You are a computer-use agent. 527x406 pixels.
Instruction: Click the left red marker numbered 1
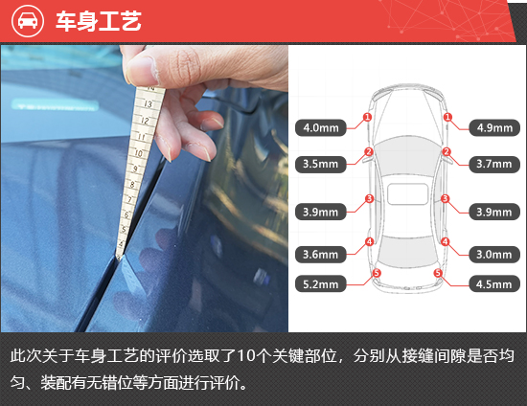pos(367,118)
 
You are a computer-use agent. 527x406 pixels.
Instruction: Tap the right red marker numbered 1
pos(447,118)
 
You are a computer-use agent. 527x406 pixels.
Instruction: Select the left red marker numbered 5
pos(377,273)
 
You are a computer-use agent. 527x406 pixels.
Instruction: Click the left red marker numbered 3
pos(369,199)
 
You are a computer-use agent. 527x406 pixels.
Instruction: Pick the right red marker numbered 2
pos(447,151)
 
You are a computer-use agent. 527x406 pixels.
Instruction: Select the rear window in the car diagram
pos(407,253)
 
